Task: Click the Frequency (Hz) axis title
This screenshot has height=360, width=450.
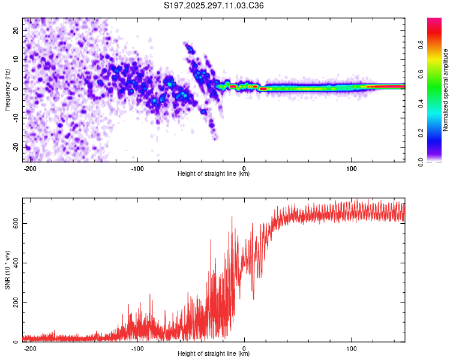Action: click(7, 89)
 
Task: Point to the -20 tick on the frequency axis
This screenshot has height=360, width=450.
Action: click(15, 147)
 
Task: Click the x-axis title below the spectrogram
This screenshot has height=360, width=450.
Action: click(214, 174)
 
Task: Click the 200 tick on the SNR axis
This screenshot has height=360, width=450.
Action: click(14, 302)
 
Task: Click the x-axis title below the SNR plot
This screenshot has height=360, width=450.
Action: click(214, 354)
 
